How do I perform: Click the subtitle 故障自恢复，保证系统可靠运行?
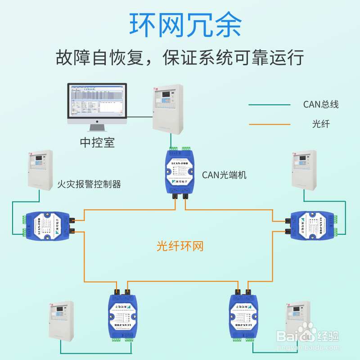point(180,58)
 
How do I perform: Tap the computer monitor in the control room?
point(97,102)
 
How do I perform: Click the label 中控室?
point(97,143)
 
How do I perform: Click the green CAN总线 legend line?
point(270,105)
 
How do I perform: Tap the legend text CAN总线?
point(320,105)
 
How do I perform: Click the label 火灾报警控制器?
point(90,184)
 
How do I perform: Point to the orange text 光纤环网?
point(180,246)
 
